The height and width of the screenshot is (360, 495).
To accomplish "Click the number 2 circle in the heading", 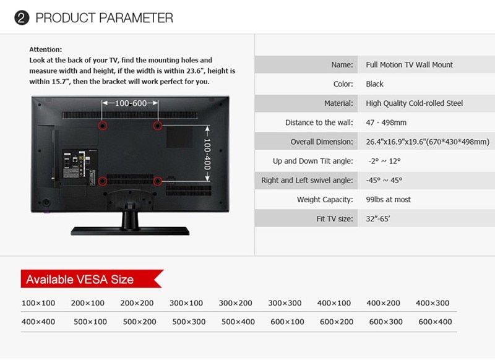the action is (x=22, y=18).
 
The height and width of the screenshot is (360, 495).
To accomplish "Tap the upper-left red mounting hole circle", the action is (x=102, y=126).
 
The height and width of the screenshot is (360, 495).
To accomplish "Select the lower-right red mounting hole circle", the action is (x=158, y=181).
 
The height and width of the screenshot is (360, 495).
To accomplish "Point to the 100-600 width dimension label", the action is (x=131, y=103).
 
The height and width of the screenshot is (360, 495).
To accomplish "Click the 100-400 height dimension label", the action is (x=207, y=153).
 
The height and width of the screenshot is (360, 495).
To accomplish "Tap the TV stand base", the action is (x=130, y=231).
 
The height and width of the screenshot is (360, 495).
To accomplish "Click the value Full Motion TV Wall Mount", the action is (x=409, y=65).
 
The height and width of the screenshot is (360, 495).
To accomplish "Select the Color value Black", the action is (x=375, y=84).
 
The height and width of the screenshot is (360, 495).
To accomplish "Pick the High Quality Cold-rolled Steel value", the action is (x=414, y=103).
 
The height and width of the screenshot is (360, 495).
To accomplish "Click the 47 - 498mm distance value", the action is (x=386, y=122).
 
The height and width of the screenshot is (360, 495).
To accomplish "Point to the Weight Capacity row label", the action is (x=325, y=199).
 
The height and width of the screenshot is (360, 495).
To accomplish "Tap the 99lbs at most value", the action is (x=389, y=199).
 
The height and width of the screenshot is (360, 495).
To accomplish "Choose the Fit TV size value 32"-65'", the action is (x=378, y=218).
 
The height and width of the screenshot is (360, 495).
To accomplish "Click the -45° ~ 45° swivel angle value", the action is (x=384, y=180).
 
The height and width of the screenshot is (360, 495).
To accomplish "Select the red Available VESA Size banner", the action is (x=92, y=278).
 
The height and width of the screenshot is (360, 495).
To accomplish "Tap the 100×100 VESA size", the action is (x=38, y=303).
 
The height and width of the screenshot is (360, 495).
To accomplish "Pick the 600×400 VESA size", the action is (x=435, y=322).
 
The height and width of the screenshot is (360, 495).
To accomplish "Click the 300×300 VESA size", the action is (x=285, y=303).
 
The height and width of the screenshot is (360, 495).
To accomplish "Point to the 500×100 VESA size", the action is (x=90, y=322).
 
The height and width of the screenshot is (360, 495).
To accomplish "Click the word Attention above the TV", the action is (x=45, y=49).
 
